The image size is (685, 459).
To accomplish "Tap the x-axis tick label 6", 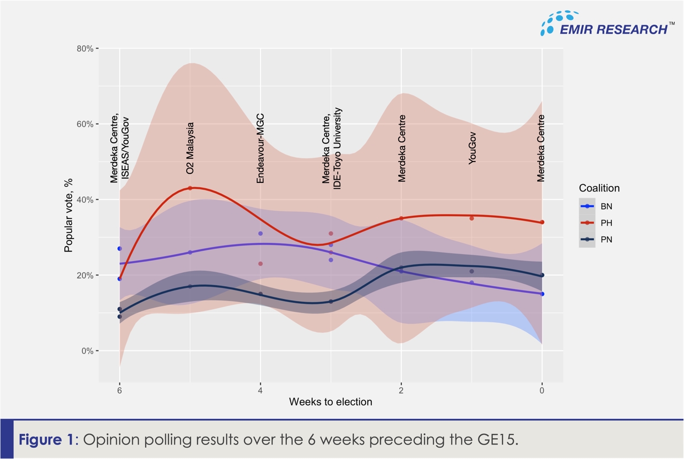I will (119, 391).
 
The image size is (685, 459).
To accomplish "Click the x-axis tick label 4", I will (261, 391).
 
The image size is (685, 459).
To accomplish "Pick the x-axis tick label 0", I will (542, 391).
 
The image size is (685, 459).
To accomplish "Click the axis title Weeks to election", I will (330, 402).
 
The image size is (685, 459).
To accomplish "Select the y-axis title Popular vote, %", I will (68, 215).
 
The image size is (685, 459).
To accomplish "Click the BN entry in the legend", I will (606, 206).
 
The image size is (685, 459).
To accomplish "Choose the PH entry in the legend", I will (606, 223).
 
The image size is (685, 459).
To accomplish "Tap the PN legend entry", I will (606, 240).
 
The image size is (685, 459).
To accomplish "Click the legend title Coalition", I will (599, 188).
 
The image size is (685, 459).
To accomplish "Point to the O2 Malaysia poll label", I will (190, 148).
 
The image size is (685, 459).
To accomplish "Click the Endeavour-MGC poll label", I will (261, 148).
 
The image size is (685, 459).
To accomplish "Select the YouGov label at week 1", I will (472, 148).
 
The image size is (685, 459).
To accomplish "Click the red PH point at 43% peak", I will (190, 188).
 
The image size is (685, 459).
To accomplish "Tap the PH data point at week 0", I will (542, 222).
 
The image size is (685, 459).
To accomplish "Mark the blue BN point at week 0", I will (542, 294).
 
